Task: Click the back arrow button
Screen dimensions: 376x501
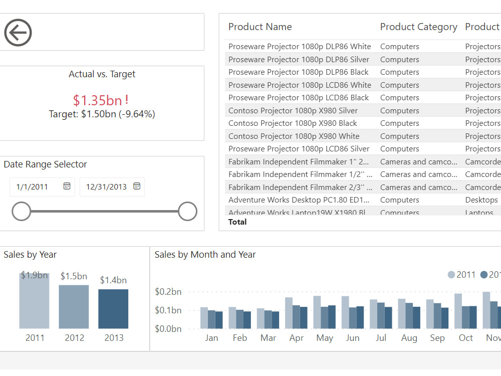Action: (x=18, y=33)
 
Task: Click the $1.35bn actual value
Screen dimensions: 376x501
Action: (x=98, y=100)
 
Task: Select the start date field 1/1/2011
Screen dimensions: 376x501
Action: (x=33, y=187)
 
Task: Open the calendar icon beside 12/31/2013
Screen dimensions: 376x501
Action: (x=137, y=186)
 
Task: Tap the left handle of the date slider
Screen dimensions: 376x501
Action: (x=21, y=212)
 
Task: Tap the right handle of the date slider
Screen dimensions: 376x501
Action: (x=187, y=212)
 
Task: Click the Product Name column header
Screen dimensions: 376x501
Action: (x=260, y=27)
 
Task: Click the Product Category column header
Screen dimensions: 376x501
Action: (x=418, y=27)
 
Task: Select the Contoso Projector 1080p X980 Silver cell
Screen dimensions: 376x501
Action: (x=293, y=111)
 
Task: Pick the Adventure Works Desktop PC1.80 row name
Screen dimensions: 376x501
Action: (x=299, y=200)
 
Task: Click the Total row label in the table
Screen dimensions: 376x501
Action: (x=237, y=222)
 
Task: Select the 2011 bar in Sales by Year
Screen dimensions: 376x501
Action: (x=34, y=301)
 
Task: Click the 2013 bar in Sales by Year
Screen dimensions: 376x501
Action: (x=113, y=309)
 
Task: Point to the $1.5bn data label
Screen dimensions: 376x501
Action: (x=74, y=276)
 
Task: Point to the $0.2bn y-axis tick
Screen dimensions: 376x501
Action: (x=168, y=292)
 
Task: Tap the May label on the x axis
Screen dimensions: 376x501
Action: (x=325, y=338)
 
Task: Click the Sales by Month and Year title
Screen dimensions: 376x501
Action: (x=205, y=255)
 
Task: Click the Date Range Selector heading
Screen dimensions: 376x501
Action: (x=45, y=164)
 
